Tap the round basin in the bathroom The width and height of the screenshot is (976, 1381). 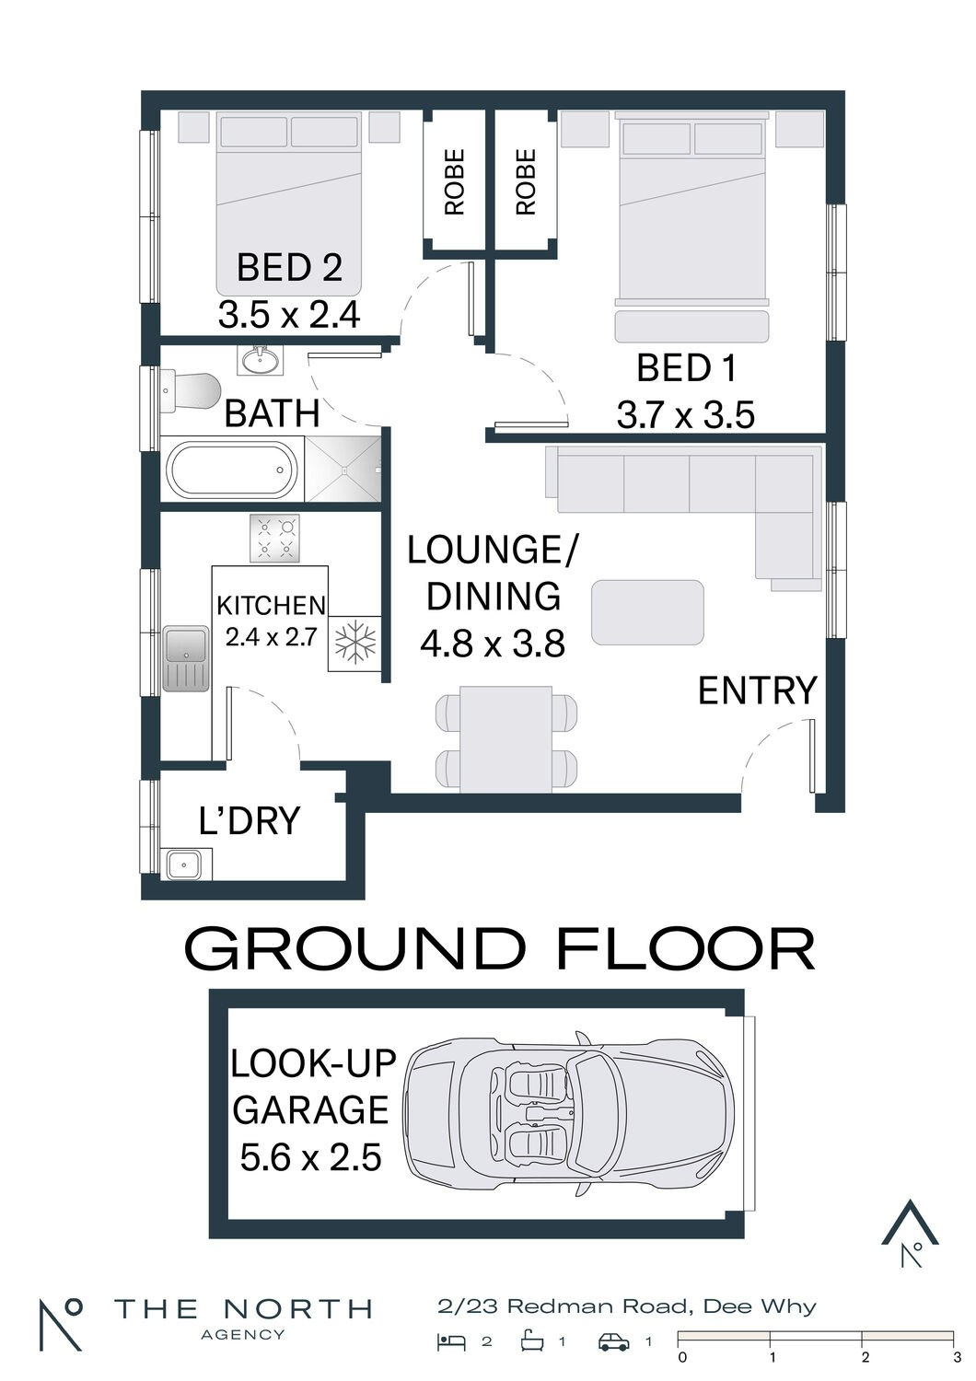click(259, 359)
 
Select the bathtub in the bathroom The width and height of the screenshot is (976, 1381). click(232, 470)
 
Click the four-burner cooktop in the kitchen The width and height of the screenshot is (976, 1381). click(274, 539)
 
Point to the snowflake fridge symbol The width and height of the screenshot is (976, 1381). click(354, 644)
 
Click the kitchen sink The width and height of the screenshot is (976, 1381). click(186, 658)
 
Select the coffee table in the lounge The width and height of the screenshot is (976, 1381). click(647, 612)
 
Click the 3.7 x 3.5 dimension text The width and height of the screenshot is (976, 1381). click(686, 414)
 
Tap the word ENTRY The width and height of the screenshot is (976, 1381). click(757, 690)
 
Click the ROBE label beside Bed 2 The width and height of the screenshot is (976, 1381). click(455, 182)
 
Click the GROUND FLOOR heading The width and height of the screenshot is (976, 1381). click(500, 949)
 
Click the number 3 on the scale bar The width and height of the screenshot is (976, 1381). click(957, 1356)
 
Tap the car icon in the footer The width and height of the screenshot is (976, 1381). click(614, 1342)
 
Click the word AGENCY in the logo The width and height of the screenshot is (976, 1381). click(243, 1334)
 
